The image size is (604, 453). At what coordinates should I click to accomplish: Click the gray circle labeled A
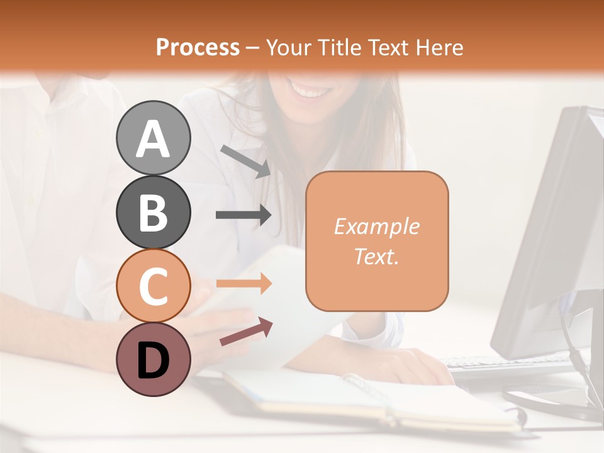point(153,138)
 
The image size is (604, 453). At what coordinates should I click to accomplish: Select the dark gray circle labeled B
point(153,212)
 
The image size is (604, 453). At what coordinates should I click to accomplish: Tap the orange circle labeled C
point(153,286)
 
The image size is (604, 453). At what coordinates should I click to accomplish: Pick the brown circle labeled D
point(153,360)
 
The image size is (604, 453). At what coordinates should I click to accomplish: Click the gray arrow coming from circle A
point(245,160)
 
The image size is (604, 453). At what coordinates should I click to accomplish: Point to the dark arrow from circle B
point(243,215)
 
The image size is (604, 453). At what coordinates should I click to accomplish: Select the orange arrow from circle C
point(243,284)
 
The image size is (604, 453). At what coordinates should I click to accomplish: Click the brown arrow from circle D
point(246,332)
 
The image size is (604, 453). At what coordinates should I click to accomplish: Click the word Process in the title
point(198,47)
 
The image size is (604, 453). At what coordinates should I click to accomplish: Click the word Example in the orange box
point(376,226)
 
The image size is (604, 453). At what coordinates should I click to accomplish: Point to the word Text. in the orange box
point(376,256)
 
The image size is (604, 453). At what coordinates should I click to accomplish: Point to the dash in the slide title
point(252,48)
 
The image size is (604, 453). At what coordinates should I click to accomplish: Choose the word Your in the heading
point(290,47)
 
